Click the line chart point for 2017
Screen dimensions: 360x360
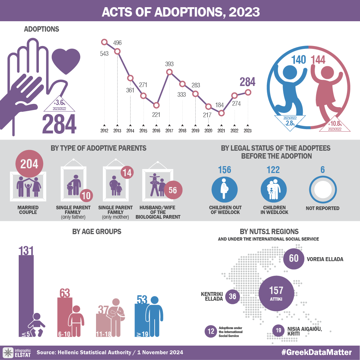169,72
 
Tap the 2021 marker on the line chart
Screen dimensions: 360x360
222,113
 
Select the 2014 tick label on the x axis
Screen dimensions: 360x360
130,131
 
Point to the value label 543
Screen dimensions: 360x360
104,54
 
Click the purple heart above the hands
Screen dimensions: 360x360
66,58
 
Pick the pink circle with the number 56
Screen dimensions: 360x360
173,190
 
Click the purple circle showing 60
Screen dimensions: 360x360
294,259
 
